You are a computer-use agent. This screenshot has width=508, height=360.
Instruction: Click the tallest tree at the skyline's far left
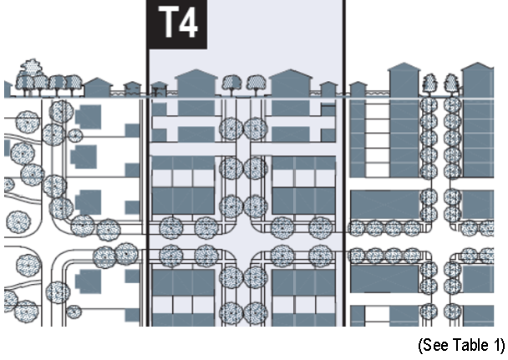32,74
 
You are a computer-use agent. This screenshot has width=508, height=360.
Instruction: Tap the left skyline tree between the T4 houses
231,84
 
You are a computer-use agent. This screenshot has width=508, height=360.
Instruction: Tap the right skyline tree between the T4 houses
255,84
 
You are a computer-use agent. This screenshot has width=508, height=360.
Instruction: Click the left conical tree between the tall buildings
429,83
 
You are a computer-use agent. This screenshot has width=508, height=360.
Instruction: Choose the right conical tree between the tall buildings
452,83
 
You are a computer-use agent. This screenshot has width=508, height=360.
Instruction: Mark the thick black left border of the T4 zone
147,209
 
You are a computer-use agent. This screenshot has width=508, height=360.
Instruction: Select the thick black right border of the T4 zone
343,209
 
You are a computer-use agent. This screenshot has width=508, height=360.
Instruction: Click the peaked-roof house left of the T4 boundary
99,86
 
